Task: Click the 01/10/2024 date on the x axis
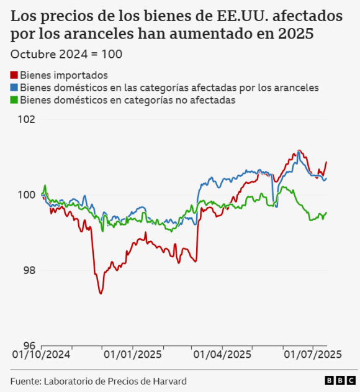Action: [42, 356]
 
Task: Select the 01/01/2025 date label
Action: [132, 356]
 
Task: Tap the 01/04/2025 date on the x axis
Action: [222, 356]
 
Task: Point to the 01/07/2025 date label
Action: [312, 356]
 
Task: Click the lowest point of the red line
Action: [101, 293]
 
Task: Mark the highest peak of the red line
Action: [299, 150]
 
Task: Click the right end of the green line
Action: [326, 213]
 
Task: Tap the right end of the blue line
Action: [326, 178]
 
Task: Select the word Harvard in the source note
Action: [168, 381]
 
